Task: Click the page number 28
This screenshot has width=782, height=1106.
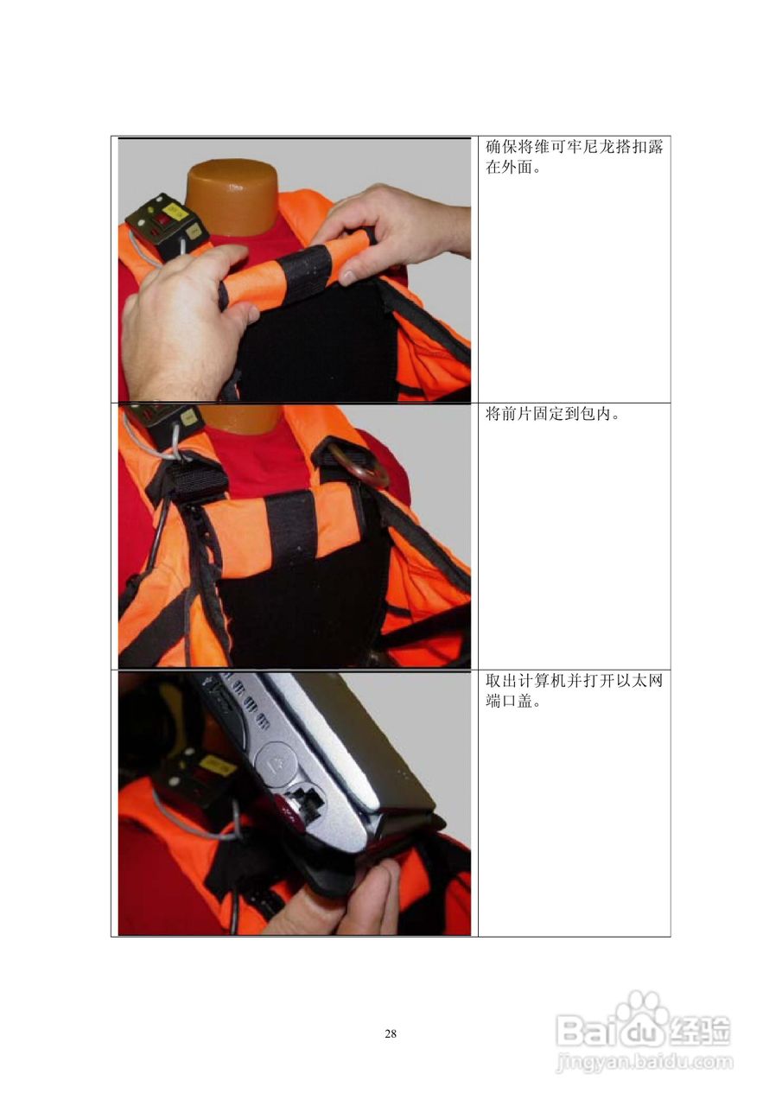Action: [x=391, y=1033]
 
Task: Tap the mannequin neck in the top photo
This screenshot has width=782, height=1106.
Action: [x=231, y=195]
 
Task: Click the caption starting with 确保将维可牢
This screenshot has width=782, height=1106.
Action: [x=574, y=156]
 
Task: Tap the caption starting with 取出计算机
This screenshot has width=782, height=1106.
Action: [x=574, y=691]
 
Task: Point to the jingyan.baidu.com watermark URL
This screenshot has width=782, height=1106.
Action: [x=645, y=1060]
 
